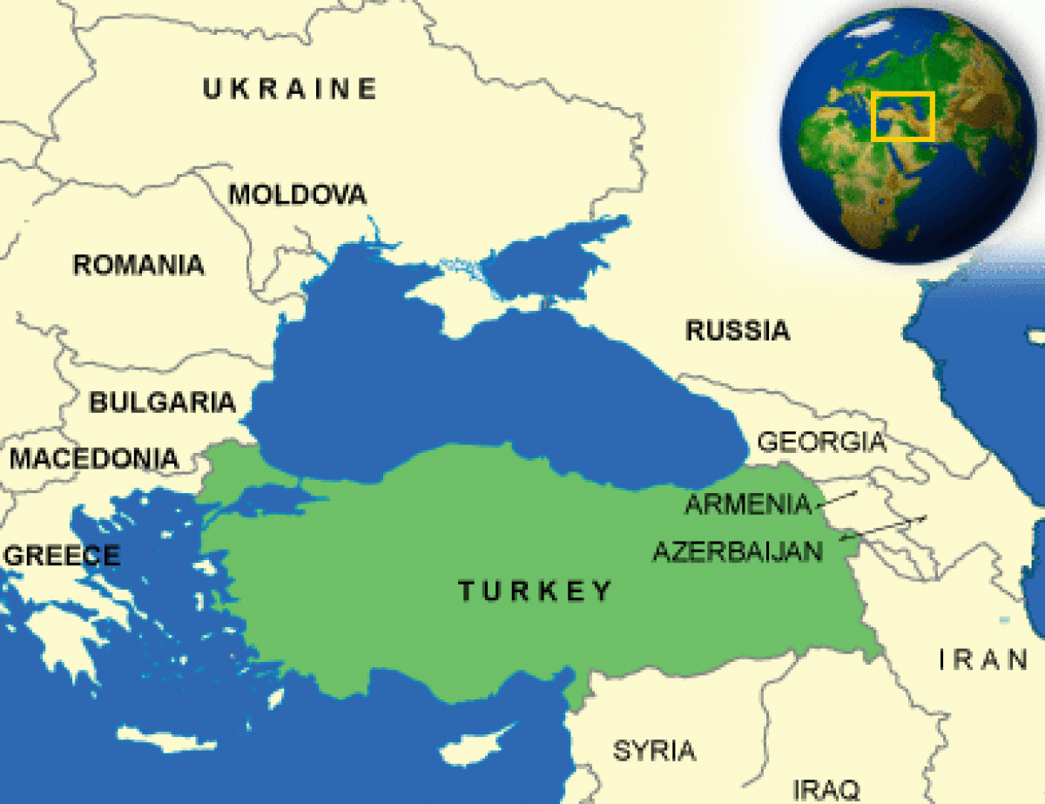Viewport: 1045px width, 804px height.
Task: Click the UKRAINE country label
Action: tap(290, 89)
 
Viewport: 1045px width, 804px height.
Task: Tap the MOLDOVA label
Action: tap(298, 194)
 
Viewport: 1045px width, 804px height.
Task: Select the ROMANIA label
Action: tap(139, 265)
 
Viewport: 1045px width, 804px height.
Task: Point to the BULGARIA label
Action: tap(163, 402)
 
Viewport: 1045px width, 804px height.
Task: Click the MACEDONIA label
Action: tap(94, 458)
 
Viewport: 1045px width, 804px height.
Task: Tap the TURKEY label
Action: tap(536, 591)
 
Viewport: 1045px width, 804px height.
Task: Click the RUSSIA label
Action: tap(738, 331)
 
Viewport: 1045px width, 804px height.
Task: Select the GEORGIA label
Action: tap(821, 442)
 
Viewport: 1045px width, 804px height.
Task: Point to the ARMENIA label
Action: tap(748, 504)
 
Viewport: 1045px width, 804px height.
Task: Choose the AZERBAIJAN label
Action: tap(738, 551)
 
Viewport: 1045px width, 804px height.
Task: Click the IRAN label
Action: tap(983, 659)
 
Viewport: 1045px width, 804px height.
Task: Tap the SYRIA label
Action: tap(654, 751)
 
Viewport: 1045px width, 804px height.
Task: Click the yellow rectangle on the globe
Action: tap(902, 116)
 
